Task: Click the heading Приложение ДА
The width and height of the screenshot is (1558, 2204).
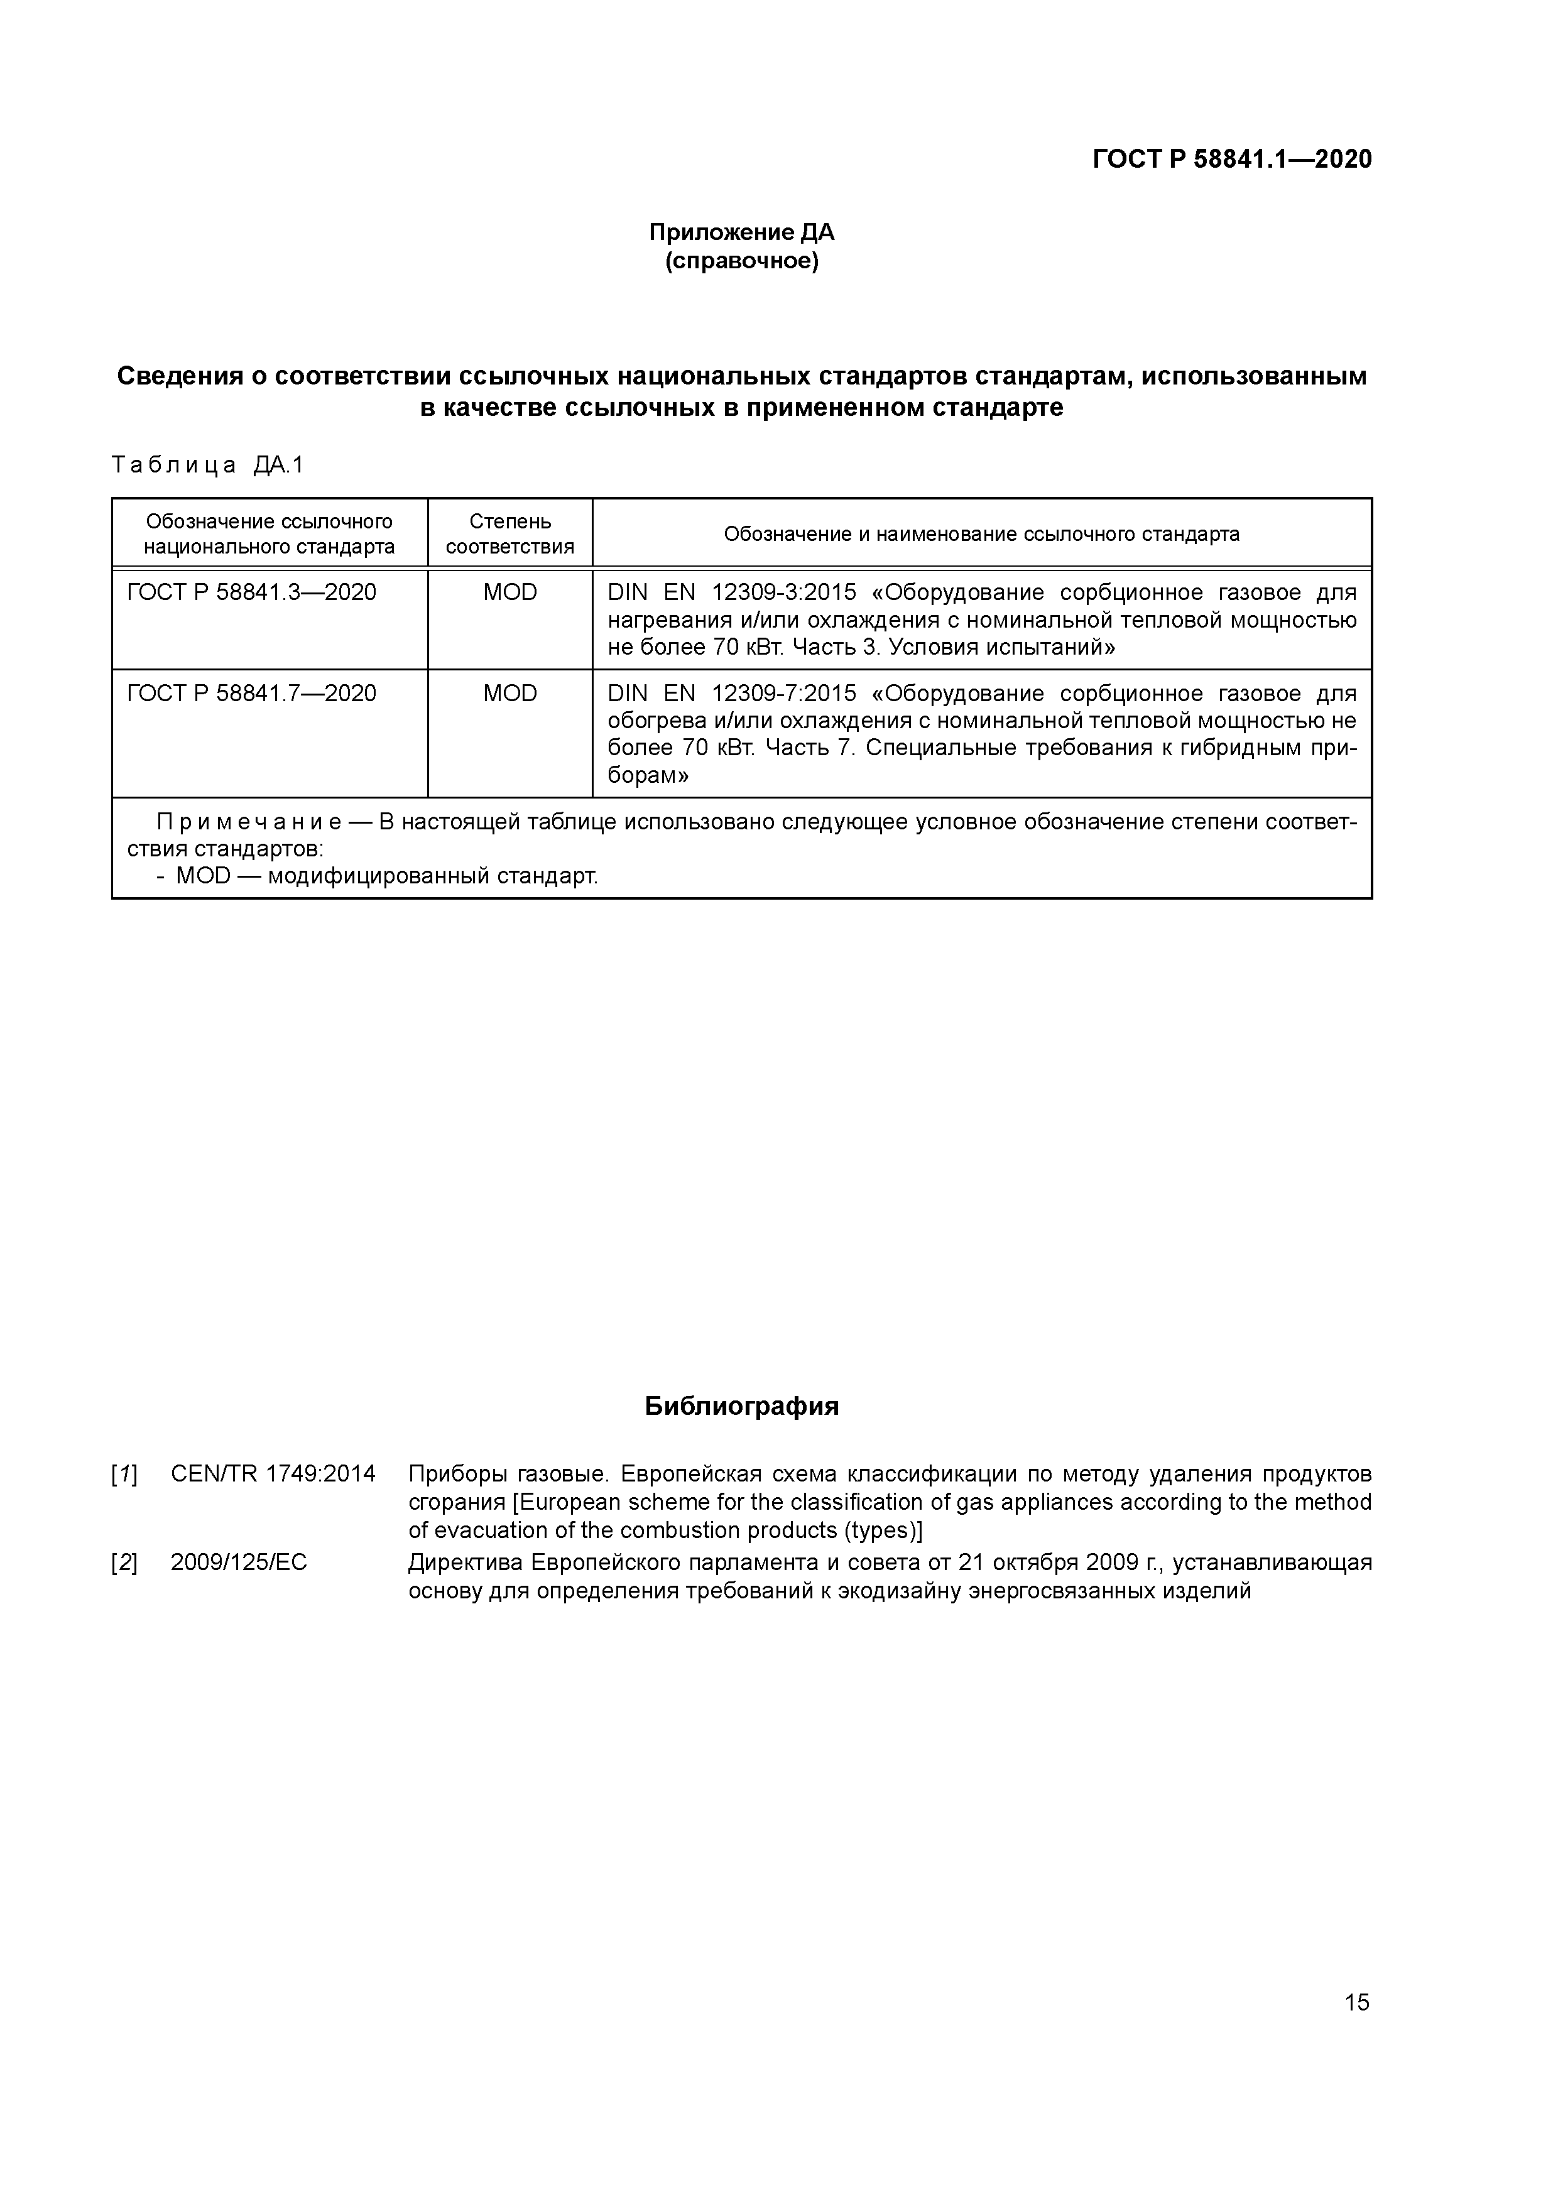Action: point(741,232)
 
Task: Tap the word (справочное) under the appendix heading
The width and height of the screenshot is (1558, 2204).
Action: point(741,261)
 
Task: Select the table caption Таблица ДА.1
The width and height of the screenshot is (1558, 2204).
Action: point(207,466)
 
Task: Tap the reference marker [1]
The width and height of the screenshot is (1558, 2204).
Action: point(124,1473)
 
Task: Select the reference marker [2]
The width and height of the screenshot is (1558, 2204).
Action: point(124,1563)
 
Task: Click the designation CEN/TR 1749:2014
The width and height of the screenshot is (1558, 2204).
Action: point(273,1473)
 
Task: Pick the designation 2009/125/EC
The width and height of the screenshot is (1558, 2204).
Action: point(239,1563)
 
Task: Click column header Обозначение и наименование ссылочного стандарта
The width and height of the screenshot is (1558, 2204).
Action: point(981,533)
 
